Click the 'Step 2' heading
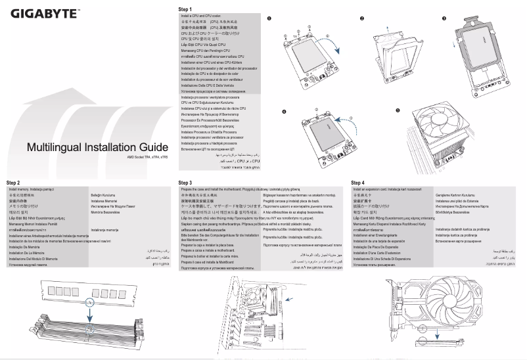[x=13, y=182]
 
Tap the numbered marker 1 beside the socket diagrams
[x=269, y=18]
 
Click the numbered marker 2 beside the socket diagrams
[x=361, y=18]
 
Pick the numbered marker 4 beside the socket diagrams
[x=284, y=112]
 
